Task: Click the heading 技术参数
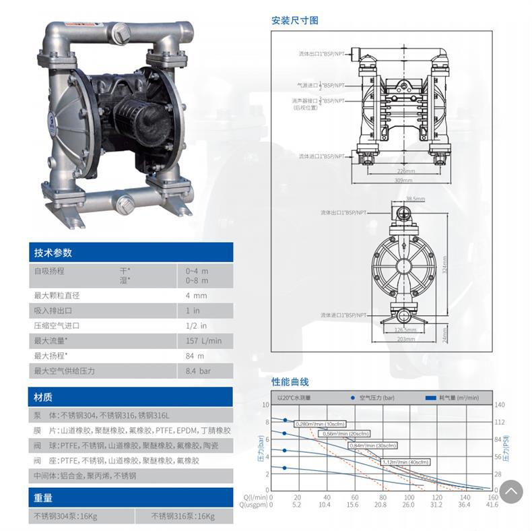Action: (53, 253)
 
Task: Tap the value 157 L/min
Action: (203, 341)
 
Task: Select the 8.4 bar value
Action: (198, 371)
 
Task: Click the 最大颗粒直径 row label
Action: (57, 296)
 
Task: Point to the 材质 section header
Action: (43, 397)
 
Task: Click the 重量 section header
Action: (43, 498)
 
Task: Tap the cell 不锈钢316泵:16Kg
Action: (182, 517)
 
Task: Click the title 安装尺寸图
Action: (295, 20)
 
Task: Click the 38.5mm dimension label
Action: (415, 199)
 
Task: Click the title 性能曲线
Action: (290, 381)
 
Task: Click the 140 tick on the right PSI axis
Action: (499, 405)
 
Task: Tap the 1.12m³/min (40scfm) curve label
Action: (406, 462)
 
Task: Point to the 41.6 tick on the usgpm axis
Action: (492, 505)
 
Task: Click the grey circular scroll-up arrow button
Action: (511, 491)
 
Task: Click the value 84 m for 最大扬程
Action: (195, 356)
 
